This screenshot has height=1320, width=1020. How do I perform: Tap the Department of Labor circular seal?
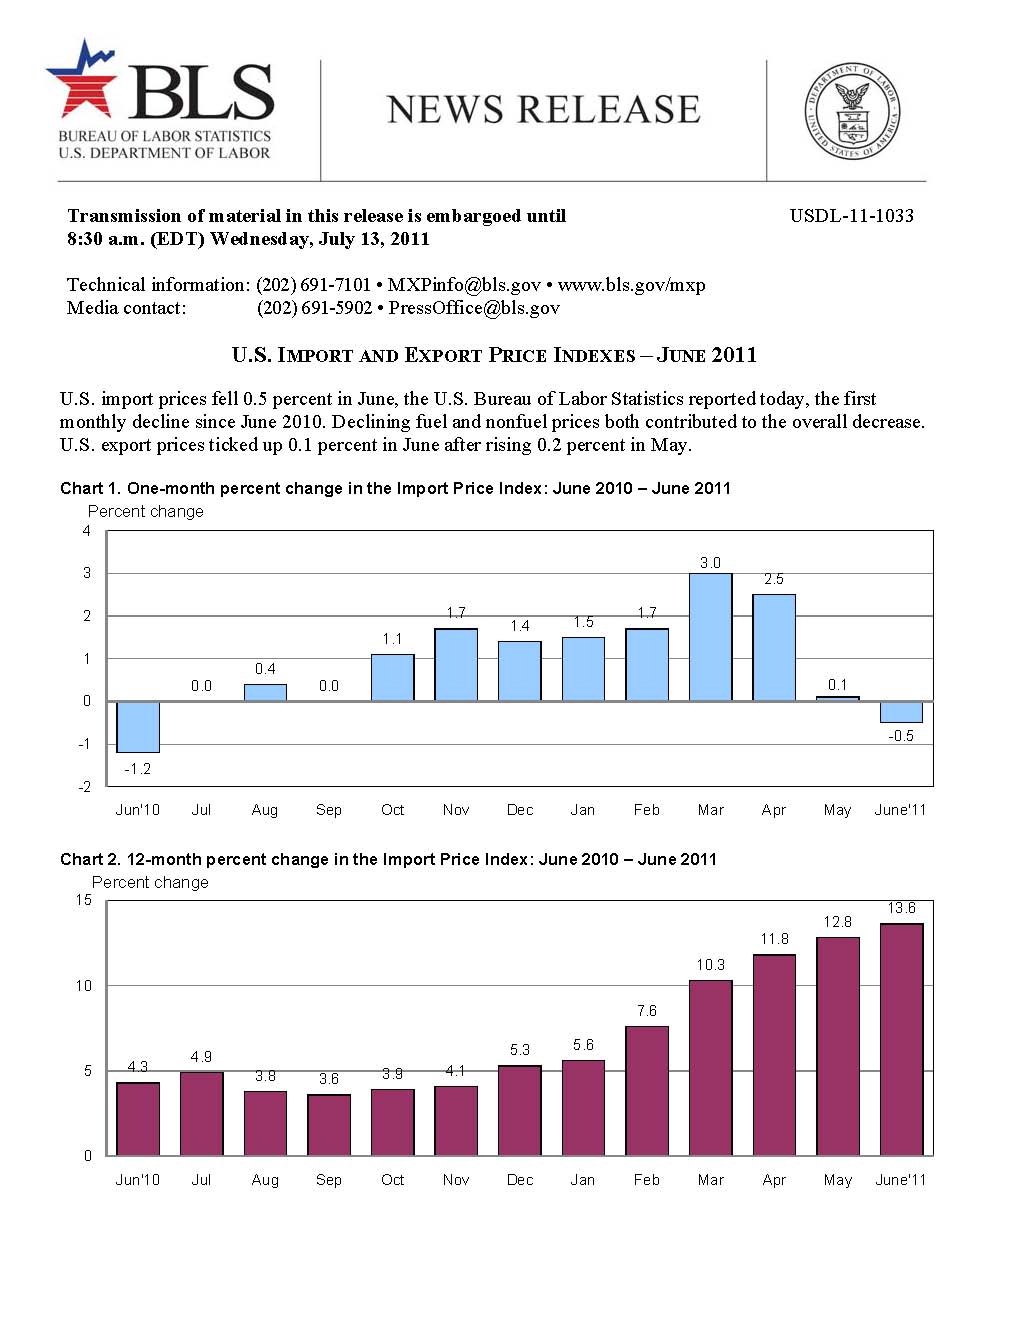[x=852, y=111]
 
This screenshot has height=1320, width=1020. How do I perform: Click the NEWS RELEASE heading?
[x=543, y=110]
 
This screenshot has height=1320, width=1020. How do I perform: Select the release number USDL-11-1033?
[x=851, y=216]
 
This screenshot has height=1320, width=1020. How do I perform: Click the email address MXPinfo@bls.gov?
[x=464, y=285]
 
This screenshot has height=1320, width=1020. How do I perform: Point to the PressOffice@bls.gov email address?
[x=474, y=308]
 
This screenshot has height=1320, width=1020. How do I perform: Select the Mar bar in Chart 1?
[x=710, y=637]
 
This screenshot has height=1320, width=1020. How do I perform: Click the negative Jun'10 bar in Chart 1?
[x=138, y=726]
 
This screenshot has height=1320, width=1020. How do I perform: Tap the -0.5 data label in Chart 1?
[x=901, y=736]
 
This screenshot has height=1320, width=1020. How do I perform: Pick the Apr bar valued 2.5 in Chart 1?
[x=774, y=647]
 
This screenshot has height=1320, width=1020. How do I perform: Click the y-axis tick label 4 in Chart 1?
[x=87, y=531]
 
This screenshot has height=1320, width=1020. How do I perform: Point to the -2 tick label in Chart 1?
[x=85, y=787]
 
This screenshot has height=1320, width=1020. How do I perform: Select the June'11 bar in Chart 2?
[x=901, y=1039]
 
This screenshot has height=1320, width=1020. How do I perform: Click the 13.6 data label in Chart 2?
[x=901, y=908]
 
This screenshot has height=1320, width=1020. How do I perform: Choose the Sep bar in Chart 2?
[x=329, y=1125]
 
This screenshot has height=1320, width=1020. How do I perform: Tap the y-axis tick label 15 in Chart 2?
[x=84, y=900]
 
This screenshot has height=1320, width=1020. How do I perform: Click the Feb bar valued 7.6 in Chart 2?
[x=647, y=1091]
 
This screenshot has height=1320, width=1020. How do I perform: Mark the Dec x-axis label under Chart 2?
[x=520, y=1180]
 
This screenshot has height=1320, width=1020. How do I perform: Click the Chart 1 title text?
[x=395, y=488]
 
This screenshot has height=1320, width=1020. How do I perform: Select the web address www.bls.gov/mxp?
[x=632, y=285]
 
